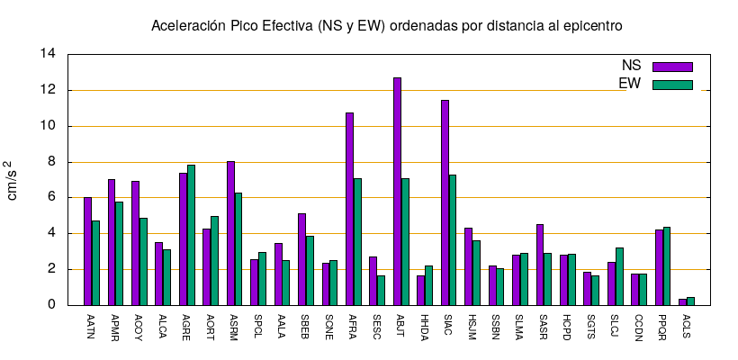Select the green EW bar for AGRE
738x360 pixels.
tap(191, 235)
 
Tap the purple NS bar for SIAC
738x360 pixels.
tap(445, 202)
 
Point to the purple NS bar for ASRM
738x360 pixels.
tap(230, 233)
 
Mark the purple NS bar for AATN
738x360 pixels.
tap(87, 251)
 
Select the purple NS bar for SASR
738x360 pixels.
tap(540, 265)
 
